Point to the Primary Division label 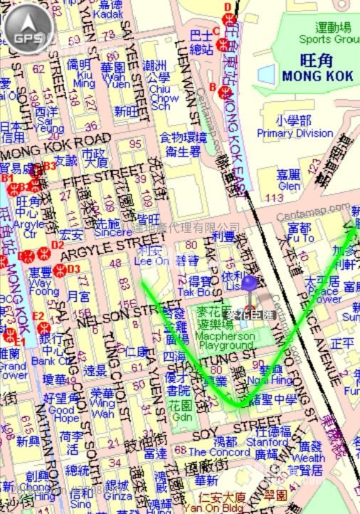point(295,132)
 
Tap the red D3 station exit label point(73,269)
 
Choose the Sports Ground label point(328,40)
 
